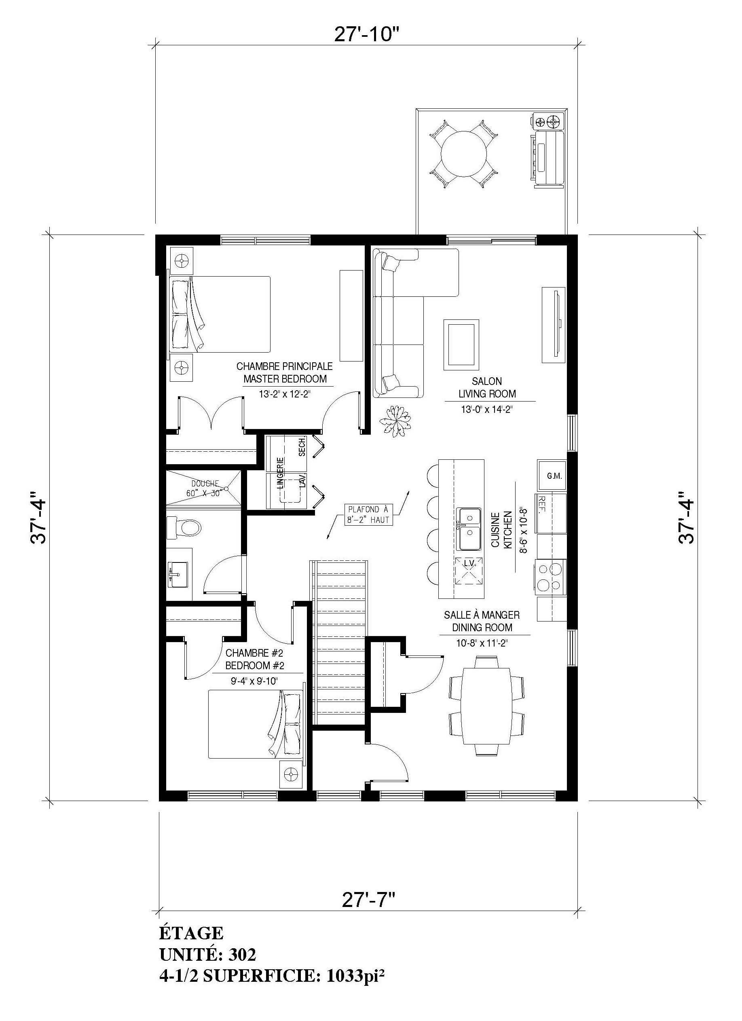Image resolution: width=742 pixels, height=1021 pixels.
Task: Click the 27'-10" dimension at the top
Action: (x=367, y=34)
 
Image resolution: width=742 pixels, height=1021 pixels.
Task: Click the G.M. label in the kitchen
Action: (x=554, y=476)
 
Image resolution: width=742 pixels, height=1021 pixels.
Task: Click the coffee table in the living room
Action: (x=461, y=344)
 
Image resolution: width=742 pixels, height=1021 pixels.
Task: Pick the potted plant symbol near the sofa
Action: (x=395, y=421)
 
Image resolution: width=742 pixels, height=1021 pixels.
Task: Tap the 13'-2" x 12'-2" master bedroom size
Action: (x=285, y=394)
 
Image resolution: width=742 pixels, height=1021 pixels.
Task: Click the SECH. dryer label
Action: (x=302, y=446)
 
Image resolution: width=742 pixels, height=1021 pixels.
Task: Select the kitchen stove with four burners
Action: (x=551, y=577)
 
